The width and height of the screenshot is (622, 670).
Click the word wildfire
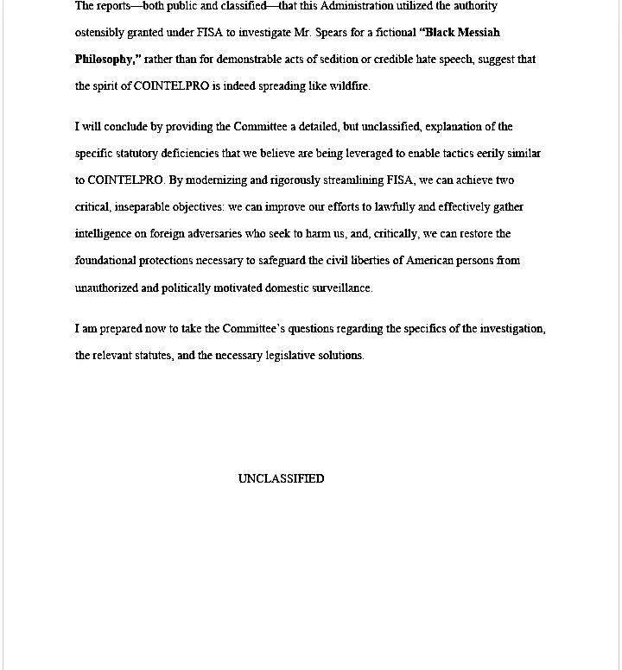[349, 86]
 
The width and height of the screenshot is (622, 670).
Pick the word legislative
[291, 356]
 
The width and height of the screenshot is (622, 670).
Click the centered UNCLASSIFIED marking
[281, 479]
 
